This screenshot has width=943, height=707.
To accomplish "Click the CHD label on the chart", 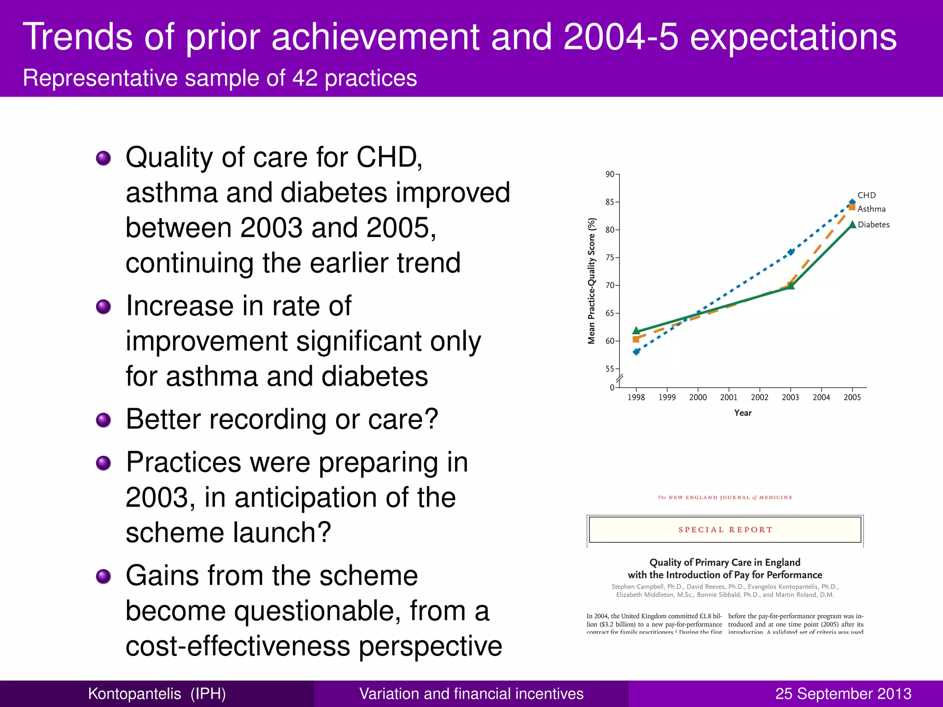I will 867,195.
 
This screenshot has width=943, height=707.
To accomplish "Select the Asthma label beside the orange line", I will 871,209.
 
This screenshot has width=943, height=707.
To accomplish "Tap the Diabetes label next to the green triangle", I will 873,225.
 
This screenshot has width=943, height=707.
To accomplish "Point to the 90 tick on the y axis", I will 610,174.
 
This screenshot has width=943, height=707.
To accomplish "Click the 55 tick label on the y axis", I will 610,369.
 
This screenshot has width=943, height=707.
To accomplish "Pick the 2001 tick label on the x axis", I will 728,397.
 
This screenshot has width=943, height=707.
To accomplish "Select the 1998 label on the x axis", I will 636,397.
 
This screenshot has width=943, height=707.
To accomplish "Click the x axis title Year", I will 743,413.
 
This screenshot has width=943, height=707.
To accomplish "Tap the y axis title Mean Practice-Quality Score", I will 592,281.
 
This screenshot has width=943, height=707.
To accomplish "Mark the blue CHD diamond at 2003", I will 791,252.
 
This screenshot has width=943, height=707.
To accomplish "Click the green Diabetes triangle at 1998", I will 636,330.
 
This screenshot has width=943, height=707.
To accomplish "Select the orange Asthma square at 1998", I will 636,339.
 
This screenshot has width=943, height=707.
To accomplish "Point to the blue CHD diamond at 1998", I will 636,352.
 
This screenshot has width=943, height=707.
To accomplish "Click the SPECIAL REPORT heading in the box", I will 725,530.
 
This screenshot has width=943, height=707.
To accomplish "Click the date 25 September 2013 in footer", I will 843,694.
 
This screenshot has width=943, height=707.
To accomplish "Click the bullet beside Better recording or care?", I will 104,420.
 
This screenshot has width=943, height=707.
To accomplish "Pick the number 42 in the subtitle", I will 305,78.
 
